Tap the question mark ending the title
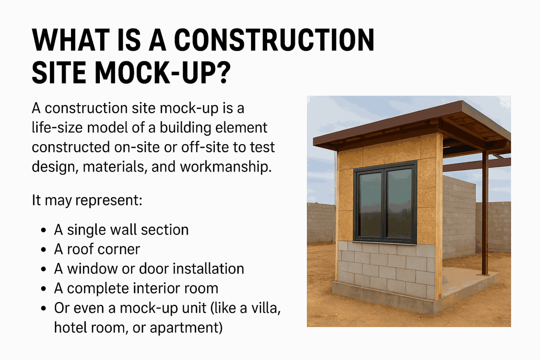[x=229, y=73]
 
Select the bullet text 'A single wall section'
[x=121, y=230]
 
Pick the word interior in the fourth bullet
[x=166, y=288]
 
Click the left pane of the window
[x=370, y=205]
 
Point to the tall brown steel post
[x=485, y=211]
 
